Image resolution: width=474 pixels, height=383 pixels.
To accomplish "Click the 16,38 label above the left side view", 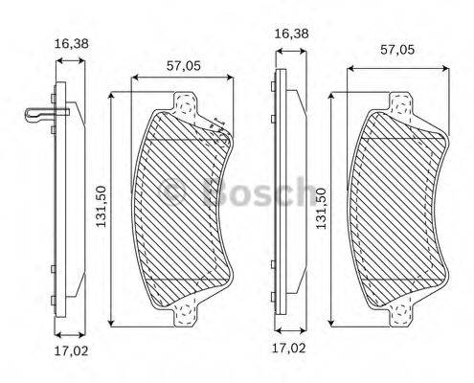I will tap(71, 43).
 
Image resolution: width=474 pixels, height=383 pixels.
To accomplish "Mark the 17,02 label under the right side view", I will tap(291, 348).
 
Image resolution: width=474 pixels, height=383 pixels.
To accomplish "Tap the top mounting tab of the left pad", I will tap(186, 100).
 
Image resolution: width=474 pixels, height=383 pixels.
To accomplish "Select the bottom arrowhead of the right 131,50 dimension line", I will tap(331, 317).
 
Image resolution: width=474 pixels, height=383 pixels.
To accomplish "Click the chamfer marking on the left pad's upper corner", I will tap(214, 124).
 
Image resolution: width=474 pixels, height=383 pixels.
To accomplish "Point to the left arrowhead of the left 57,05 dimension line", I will tap(135, 77).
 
